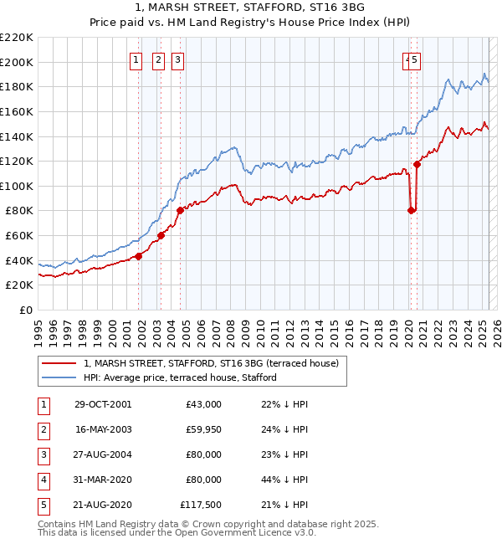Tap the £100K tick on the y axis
17,186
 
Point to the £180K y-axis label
17,86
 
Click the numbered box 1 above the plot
136,59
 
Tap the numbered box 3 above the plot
178,59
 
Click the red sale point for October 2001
139,257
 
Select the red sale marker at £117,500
417,164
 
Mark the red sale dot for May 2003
161,236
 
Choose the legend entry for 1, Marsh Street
211,363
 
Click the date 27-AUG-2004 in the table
103,454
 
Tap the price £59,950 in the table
202,429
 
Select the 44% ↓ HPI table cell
279,480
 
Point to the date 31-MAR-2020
103,480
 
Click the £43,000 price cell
202,404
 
